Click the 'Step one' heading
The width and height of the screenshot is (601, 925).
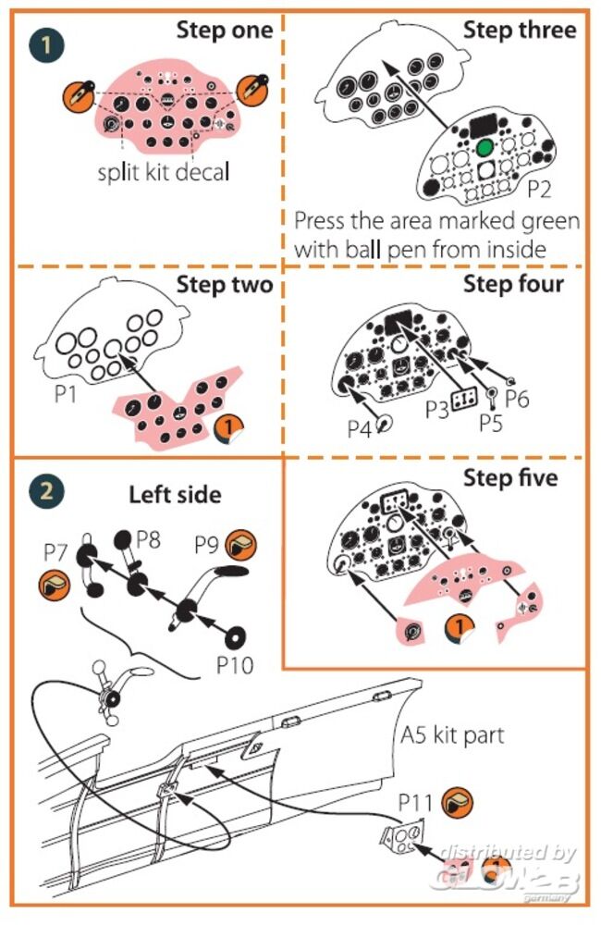tap(225, 30)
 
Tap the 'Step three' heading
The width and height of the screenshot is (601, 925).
tap(520, 29)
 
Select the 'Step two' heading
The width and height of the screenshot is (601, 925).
tap(227, 284)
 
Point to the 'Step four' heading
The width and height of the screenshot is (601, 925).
tap(513, 283)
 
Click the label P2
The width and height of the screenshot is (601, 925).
tap(540, 190)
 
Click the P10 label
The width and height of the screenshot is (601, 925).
tap(235, 664)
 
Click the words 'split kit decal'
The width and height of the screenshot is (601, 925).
tap(163, 172)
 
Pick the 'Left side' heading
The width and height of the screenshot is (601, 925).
tap(175, 494)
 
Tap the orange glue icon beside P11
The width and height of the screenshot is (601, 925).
tap(454, 802)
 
